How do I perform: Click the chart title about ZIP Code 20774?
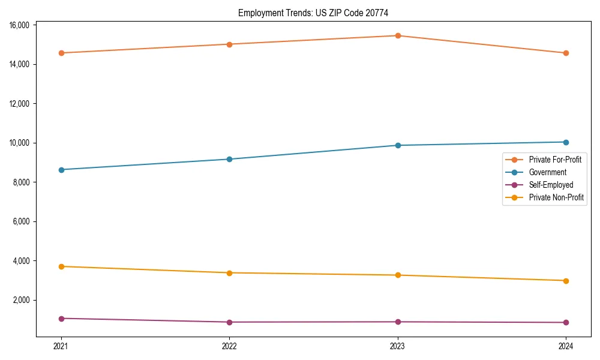pos(317,13)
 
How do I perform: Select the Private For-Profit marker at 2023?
pos(398,35)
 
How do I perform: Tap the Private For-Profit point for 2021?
pos(61,53)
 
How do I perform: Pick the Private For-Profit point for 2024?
pos(566,53)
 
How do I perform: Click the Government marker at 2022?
pos(229,159)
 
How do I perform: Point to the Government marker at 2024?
pos(566,142)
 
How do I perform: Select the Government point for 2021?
pos(61,170)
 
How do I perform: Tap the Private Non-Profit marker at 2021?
pos(61,266)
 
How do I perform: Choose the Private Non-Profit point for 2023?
pos(398,275)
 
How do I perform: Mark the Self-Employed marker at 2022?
pos(229,322)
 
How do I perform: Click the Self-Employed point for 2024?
pos(566,323)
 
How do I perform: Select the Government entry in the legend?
pos(547,172)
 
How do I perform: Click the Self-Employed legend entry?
pos(551,185)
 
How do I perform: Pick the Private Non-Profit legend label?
pos(556,197)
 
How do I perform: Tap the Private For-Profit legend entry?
pos(555,160)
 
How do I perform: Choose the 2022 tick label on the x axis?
pos(229,346)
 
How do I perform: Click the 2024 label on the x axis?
pos(566,346)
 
